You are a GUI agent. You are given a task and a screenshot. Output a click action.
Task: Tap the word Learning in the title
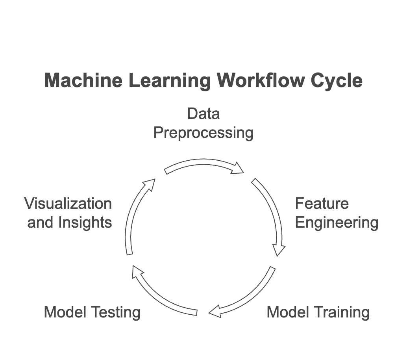pyautogui.click(x=170, y=81)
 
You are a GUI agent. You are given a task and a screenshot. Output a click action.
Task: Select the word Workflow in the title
pyautogui.click(x=261, y=81)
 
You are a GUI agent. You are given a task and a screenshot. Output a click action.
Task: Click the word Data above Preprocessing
pyautogui.click(x=203, y=114)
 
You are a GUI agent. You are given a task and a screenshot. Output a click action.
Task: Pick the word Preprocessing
pyautogui.click(x=203, y=133)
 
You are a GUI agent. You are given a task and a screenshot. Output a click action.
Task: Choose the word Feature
pyautogui.click(x=322, y=204)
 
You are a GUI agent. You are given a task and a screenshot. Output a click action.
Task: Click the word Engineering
pyautogui.click(x=337, y=223)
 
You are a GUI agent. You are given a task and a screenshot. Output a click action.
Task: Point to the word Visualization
pyautogui.click(x=68, y=204)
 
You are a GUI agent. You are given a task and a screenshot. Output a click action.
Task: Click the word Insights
pyautogui.click(x=85, y=223)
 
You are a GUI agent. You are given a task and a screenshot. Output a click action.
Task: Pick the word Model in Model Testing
pyautogui.click(x=65, y=312)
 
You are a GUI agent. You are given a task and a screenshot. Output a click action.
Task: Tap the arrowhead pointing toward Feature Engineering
pyautogui.click(x=238, y=169)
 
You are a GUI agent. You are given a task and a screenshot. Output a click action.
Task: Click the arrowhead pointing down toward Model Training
pyautogui.click(x=279, y=250)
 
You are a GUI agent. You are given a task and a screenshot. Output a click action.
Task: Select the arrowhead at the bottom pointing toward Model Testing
pyautogui.click(x=215, y=312)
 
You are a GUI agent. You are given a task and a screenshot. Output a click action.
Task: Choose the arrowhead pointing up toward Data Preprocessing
pyautogui.click(x=149, y=184)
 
